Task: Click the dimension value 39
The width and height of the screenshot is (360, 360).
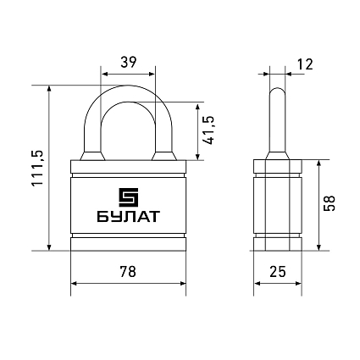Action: [129, 62]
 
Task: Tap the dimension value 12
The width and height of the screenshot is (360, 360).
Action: [305, 64]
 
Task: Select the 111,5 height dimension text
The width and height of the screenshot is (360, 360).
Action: [37, 168]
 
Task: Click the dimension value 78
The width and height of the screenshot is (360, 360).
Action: [128, 272]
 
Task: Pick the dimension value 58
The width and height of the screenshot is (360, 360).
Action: [330, 203]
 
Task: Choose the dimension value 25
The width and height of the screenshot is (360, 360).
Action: [278, 272]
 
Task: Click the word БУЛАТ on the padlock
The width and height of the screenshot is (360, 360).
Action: [129, 217]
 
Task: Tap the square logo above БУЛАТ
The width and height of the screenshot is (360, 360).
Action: [128, 197]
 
